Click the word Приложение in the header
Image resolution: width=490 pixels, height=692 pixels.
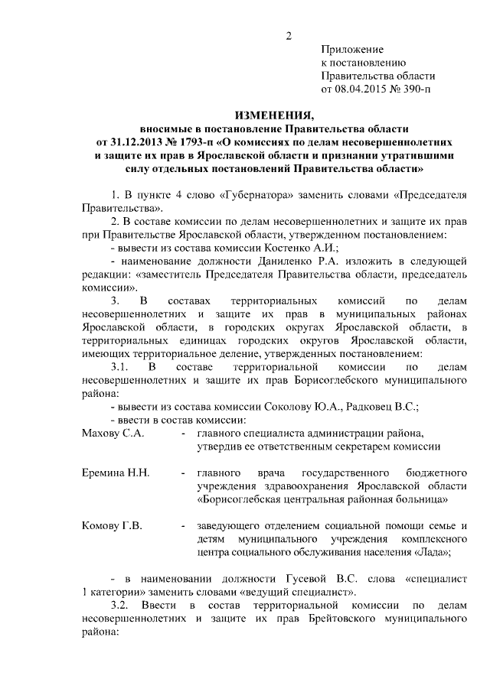(351, 49)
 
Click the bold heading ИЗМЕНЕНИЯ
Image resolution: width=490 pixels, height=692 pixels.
(274, 115)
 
